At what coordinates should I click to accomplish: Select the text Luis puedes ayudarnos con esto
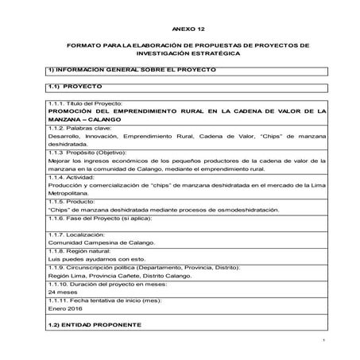pos(99,258)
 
